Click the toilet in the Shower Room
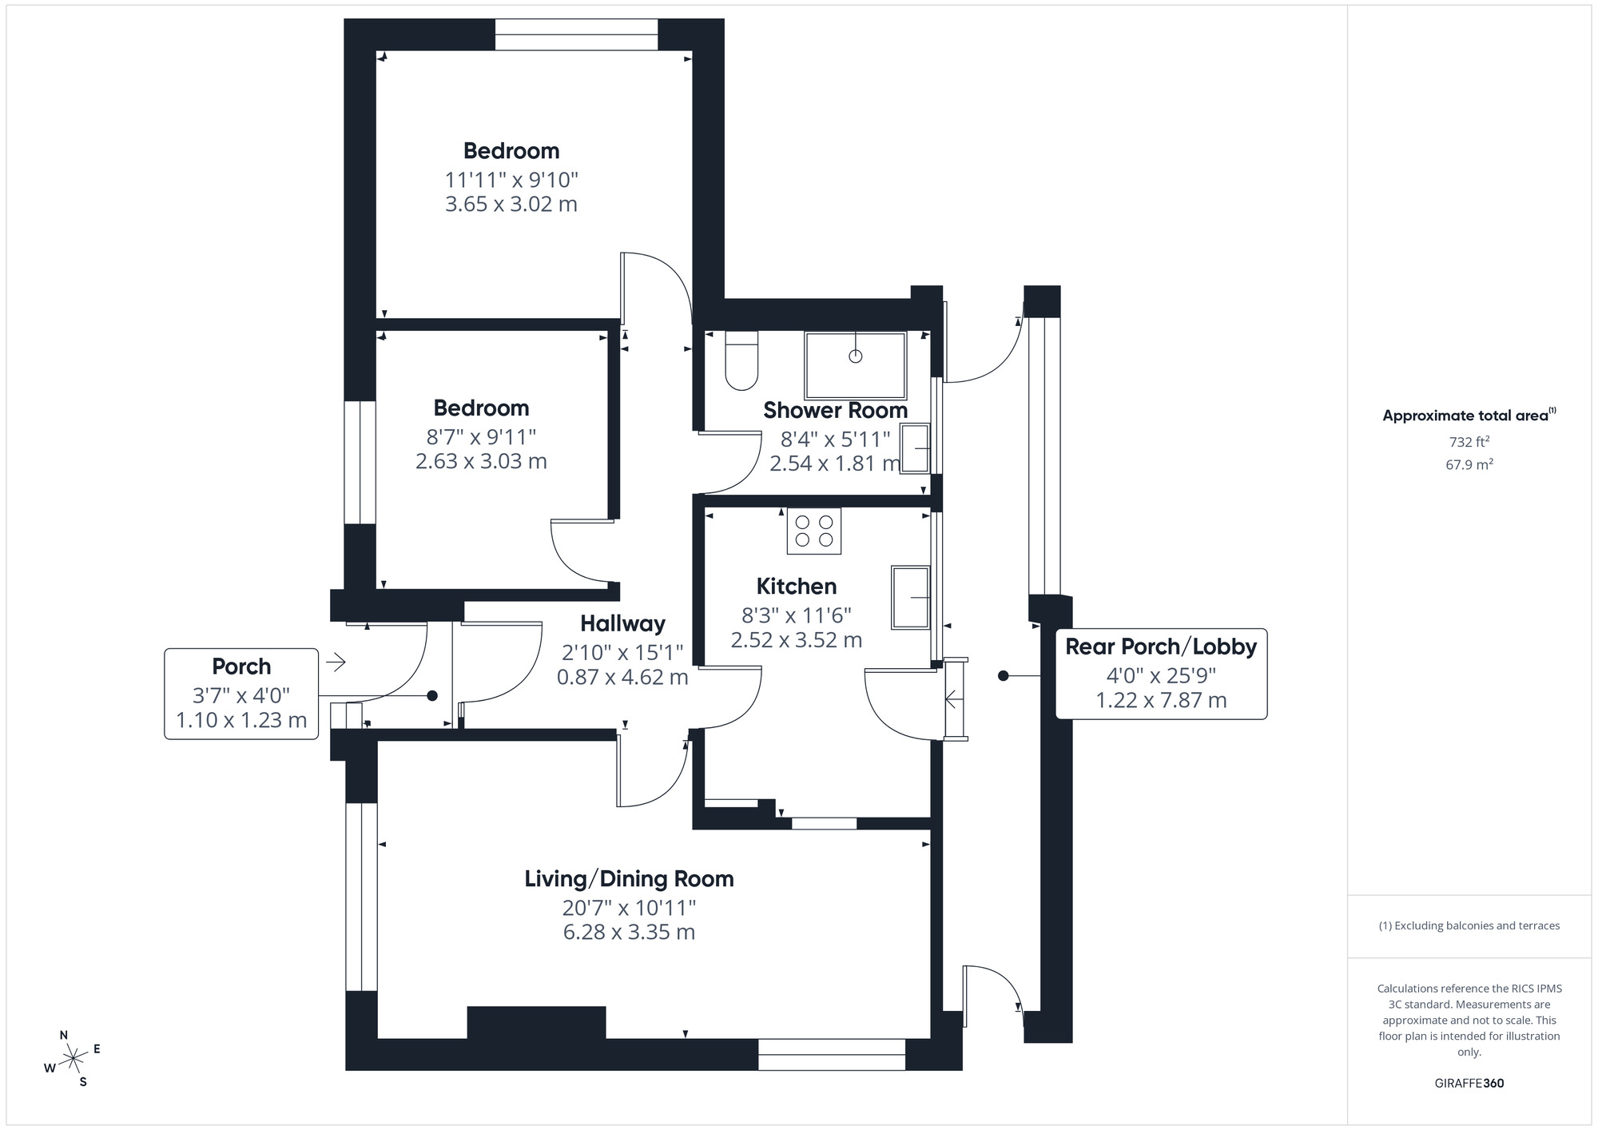coord(741,361)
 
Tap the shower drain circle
coord(856,356)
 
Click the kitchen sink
coord(910,597)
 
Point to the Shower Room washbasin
coord(916,448)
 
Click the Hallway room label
coord(622,623)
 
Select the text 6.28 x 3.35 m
coord(629,933)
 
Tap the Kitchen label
coord(796,587)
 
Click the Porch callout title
coord(241,666)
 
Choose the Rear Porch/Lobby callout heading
coord(1160,647)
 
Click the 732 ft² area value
coord(1469,442)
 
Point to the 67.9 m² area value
coord(1469,464)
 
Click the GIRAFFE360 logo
coord(1469,1084)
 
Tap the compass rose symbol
coord(73,1059)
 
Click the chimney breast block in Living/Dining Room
coord(536,1022)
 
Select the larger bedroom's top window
coord(576,35)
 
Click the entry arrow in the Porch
coord(336,662)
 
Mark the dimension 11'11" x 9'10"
coord(511,180)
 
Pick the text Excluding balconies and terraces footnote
coord(1469,926)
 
